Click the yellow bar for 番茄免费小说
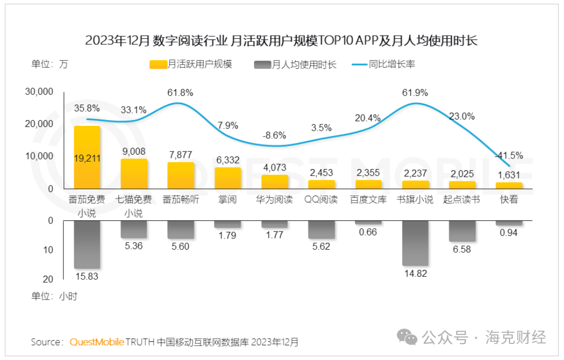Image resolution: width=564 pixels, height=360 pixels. click(87, 157)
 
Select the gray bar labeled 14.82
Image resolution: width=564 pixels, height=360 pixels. click(415, 243)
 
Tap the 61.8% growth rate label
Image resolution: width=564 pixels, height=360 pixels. click(180, 93)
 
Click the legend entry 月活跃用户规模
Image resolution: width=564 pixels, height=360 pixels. click(191, 65)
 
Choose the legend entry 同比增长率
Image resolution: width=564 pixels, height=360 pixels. click(383, 65)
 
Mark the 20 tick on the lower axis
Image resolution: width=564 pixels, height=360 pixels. click(47, 279)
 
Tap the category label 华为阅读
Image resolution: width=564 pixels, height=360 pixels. click(274, 200)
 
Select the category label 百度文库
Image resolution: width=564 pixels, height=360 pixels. click(368, 200)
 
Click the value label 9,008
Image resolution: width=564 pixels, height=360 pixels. click(134, 151)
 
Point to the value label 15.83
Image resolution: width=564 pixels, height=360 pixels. click(87, 277)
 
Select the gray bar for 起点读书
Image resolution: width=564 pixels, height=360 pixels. click(462, 231)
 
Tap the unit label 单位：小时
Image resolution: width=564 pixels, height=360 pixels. click(54, 297)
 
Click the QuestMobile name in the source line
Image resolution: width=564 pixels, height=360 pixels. click(97, 342)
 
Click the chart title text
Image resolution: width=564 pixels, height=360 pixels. click(281, 41)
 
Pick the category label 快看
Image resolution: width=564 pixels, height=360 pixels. click(509, 200)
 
